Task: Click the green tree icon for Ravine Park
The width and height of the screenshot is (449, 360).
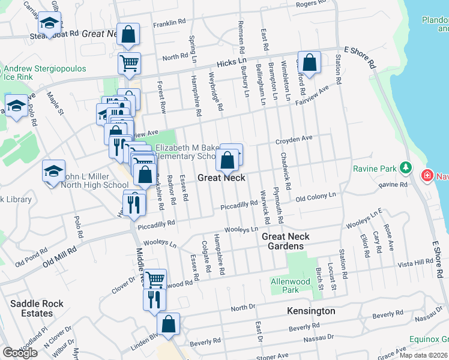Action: click(406, 166)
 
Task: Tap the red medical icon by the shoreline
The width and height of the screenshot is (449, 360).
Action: click(427, 175)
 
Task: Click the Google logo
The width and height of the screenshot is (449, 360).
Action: click(20, 353)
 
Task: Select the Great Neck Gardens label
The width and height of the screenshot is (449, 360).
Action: click(282, 241)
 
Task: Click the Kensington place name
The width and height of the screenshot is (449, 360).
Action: click(311, 311)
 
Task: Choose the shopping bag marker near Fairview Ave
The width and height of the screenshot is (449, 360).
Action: click(310, 62)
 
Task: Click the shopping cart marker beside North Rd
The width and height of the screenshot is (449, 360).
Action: click(129, 62)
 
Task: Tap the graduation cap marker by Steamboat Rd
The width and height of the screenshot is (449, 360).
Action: click(49, 23)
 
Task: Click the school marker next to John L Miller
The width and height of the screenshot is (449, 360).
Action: click(53, 171)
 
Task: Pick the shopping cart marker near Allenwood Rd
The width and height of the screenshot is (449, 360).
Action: click(155, 278)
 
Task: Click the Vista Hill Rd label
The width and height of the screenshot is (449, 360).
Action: click(415, 263)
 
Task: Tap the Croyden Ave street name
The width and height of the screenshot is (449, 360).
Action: click(294, 139)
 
